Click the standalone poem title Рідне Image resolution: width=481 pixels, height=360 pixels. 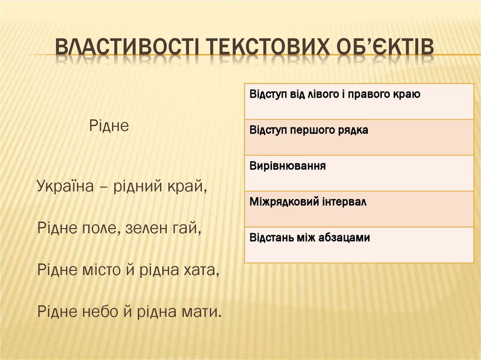109,126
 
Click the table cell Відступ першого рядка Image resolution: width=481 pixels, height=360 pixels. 359,137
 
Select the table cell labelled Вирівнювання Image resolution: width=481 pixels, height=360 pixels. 359,173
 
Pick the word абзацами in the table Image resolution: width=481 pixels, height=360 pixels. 344,238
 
